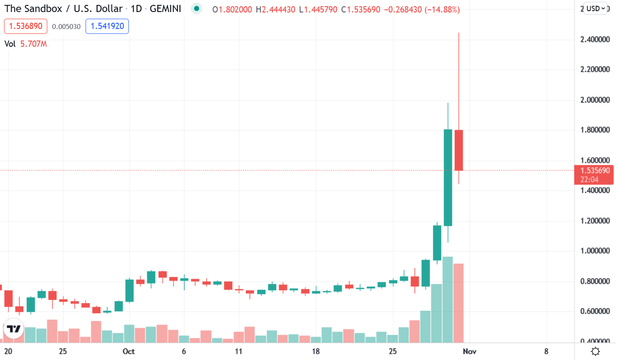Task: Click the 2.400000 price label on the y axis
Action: (595, 40)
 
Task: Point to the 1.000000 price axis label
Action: (595, 251)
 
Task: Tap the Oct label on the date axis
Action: (129, 351)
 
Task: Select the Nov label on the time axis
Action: (470, 351)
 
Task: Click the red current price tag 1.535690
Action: (595, 171)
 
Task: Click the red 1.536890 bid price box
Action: (25, 26)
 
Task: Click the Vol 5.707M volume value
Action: (33, 44)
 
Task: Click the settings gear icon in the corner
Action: (595, 352)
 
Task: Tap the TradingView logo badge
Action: (13, 329)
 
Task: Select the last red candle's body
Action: (459, 150)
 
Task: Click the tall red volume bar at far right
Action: (459, 303)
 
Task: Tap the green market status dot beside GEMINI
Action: (196, 9)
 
